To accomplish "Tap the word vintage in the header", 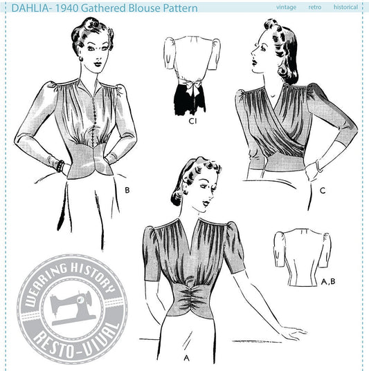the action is coord(286,8).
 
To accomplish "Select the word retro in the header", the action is coord(315,8).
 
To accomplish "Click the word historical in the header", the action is coord(345,7).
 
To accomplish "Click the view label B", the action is coord(127,190).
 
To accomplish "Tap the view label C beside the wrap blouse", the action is coord(323,191).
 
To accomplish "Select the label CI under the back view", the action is coord(192,121).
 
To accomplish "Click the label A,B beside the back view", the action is coord(328,282).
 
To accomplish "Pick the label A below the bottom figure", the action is coord(187,359).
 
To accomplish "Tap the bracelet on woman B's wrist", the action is coord(60,167).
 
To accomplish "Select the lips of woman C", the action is coord(254,61).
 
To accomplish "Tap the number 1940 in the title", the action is coord(67,8).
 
